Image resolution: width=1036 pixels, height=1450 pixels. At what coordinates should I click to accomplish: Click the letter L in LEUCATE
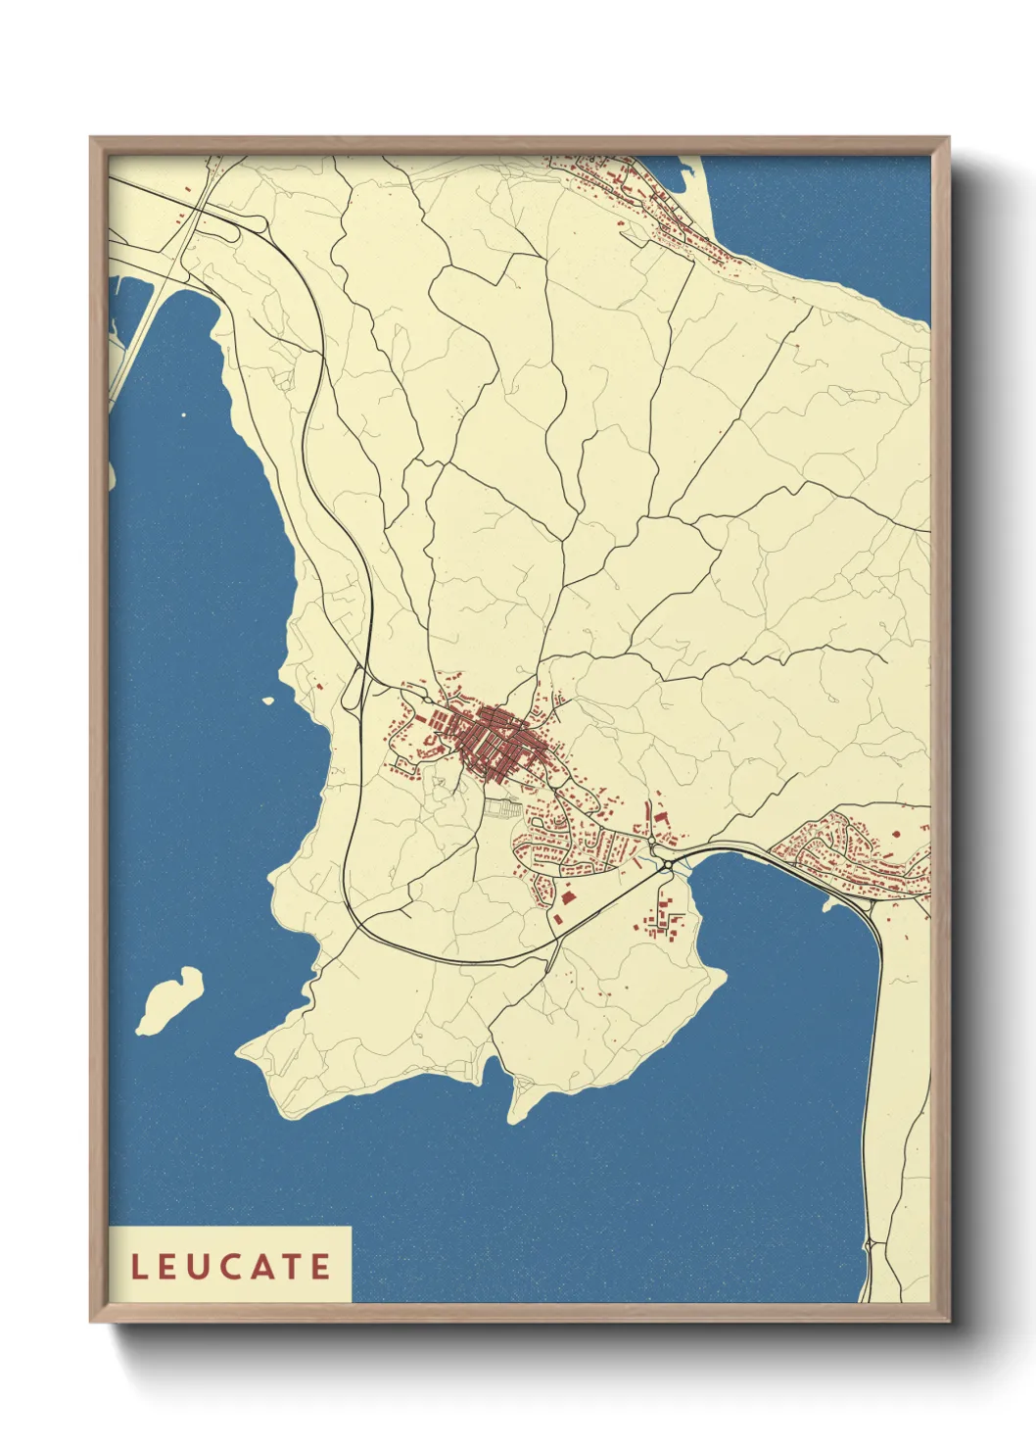pyautogui.click(x=139, y=1267)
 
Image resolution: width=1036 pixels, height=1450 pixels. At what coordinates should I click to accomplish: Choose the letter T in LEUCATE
pyautogui.click(x=293, y=1267)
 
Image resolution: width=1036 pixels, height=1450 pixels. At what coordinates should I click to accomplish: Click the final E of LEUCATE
pyautogui.click(x=321, y=1267)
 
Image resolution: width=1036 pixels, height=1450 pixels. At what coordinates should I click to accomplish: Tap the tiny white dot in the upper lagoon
pyautogui.click(x=183, y=414)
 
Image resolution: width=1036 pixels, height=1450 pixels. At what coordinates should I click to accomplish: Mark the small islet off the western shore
pyautogui.click(x=267, y=701)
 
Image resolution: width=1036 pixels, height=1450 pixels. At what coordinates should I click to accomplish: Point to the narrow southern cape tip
pyautogui.click(x=513, y=1118)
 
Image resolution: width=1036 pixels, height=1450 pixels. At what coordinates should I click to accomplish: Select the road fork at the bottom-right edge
pyautogui.click(x=870, y=1245)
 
